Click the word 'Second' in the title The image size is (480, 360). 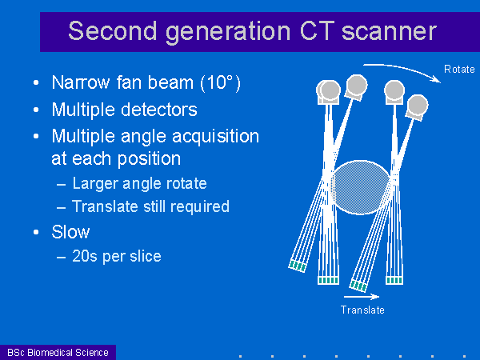(112, 31)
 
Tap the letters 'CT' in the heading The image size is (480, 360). (317, 31)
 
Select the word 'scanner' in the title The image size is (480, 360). (389, 32)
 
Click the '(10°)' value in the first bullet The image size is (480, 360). (221, 82)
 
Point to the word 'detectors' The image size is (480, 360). (159, 110)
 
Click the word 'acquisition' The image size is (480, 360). (215, 137)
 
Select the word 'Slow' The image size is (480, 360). (70, 232)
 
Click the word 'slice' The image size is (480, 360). (146, 256)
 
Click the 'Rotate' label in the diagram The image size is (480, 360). (459, 69)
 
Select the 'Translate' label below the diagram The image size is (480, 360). (362, 310)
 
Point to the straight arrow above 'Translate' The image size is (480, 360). (362, 296)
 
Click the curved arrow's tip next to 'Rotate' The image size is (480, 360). (441, 82)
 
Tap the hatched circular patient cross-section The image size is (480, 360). (361, 187)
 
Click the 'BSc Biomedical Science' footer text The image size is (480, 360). (58, 353)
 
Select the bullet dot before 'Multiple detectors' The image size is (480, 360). (36, 110)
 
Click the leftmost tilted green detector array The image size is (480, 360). (297, 266)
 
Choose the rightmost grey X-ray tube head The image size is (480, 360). (418, 106)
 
